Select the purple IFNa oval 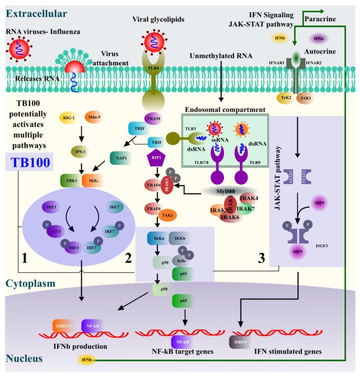(x=317, y=38)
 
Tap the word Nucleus (x=21, y=357)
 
